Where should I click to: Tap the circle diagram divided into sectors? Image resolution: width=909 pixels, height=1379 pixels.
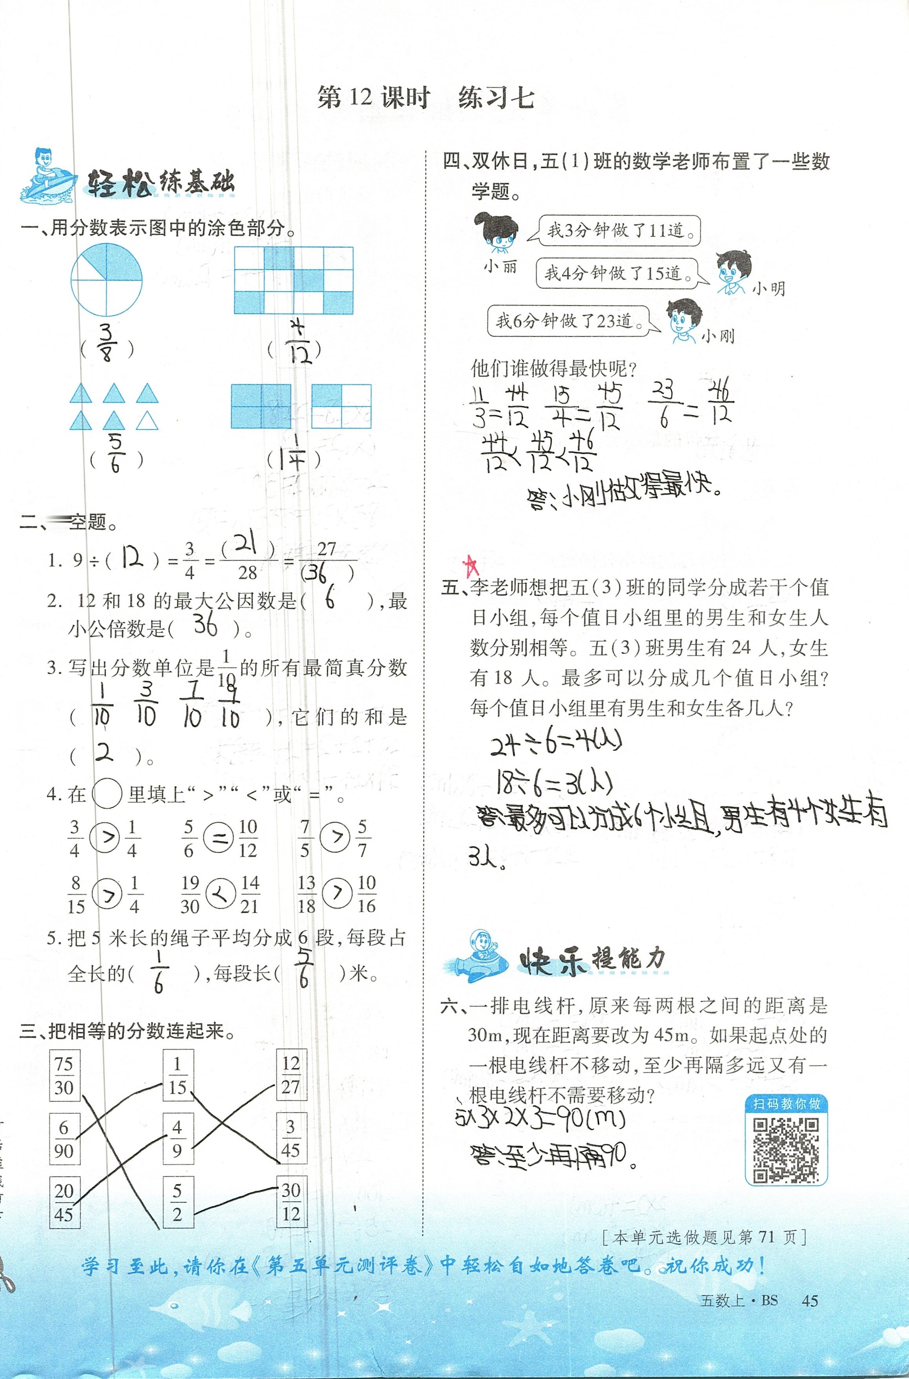tap(106, 280)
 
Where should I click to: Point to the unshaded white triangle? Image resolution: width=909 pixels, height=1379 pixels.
tap(147, 420)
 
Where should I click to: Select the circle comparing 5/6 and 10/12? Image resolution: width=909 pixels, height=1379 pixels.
tap(219, 838)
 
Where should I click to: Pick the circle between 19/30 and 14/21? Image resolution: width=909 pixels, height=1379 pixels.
tap(220, 894)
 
